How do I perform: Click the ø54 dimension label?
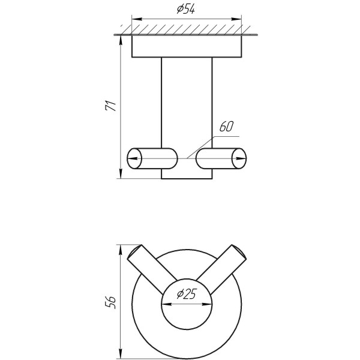[186, 10]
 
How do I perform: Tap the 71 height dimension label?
[111, 106]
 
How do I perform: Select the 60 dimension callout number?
[226, 127]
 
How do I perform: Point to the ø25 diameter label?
[187, 293]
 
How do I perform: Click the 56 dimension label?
[110, 302]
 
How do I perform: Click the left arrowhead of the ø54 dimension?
[137, 19]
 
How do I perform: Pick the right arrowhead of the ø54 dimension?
[236, 19]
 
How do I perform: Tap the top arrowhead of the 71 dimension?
[121, 41]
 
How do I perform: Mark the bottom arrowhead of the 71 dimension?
[121, 173]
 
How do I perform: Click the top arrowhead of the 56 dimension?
[120, 250]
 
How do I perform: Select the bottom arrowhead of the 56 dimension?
[120, 353]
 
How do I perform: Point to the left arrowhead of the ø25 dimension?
[167, 304]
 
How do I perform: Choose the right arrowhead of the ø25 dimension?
[207, 304]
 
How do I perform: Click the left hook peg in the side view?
[152, 158]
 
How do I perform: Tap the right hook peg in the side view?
[221, 158]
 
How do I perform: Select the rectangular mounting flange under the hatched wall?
[187, 46]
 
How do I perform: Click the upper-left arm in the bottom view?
[152, 269]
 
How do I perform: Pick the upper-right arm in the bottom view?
[221, 269]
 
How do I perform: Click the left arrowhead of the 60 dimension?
[133, 158]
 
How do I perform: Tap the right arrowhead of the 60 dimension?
[241, 158]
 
